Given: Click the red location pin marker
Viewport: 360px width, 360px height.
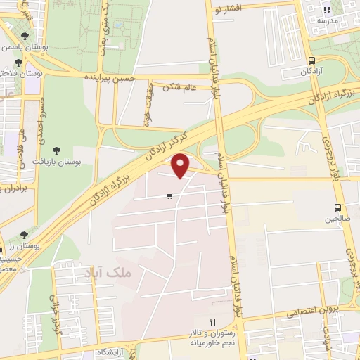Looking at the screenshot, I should pyautogui.click(x=181, y=165).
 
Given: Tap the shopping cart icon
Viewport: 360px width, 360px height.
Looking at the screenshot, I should pyautogui.click(x=170, y=196).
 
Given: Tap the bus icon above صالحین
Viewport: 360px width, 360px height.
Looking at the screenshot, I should pyautogui.click(x=338, y=207).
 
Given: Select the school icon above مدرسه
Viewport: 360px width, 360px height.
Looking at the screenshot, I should pyautogui.click(x=326, y=10).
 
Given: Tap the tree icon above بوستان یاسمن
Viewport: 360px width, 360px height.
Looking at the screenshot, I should pyautogui.click(x=25, y=34).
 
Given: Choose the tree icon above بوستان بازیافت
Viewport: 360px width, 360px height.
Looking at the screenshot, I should pyautogui.click(x=56, y=150).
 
